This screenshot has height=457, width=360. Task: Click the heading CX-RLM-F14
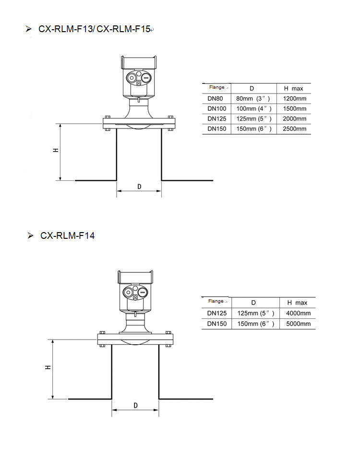coord(67,235)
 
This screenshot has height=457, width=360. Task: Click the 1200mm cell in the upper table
coord(295,98)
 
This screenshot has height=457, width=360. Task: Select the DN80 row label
coord(215,98)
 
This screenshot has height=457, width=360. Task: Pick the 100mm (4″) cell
coord(254,109)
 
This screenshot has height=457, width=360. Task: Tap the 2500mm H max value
coord(295,129)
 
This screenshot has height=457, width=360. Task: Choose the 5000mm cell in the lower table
coord(299,324)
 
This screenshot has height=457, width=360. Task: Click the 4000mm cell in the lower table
coord(299,313)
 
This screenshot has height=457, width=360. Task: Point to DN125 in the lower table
coord(217,313)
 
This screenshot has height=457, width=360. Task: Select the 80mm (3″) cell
coord(253,98)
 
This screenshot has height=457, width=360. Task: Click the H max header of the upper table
coord(293,89)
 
